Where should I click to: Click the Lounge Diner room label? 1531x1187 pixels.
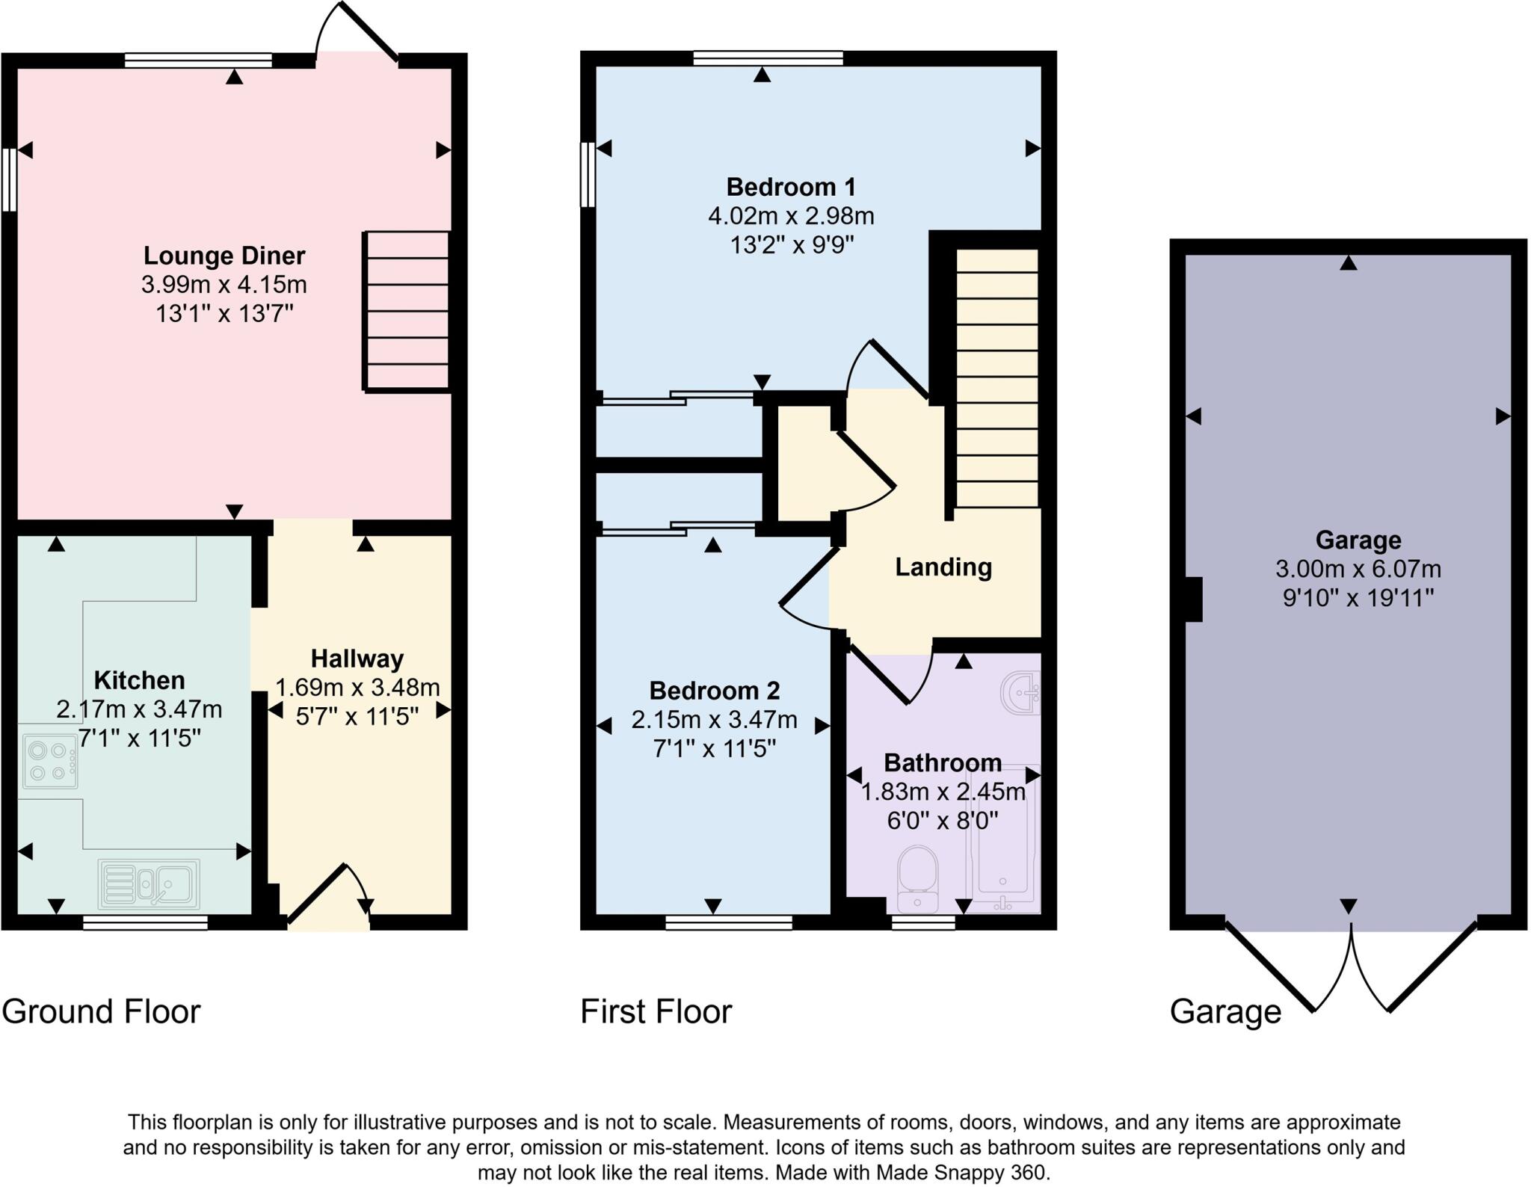224,256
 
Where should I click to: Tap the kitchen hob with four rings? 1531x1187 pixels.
50,761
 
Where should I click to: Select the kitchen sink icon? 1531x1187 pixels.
149,884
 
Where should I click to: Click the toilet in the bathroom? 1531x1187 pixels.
917,879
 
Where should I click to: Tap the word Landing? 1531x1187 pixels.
943,567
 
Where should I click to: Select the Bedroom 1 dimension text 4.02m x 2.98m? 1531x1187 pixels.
791,216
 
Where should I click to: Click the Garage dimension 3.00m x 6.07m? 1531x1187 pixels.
1358,570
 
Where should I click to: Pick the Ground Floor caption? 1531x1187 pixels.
101,1012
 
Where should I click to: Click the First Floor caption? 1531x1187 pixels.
656,1012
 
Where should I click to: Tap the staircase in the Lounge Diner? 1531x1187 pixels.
407,311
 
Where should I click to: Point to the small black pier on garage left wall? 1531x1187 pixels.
1195,599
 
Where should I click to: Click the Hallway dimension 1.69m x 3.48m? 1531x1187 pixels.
357,687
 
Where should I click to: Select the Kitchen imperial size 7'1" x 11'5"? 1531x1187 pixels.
140,739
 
